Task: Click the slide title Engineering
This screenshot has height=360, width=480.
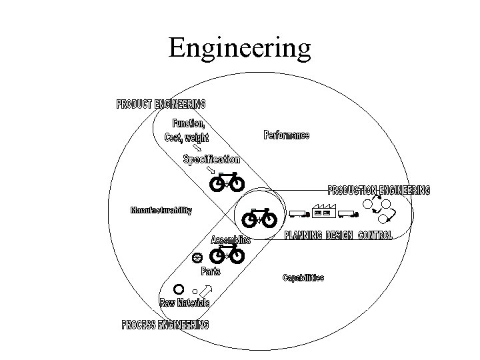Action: pos(240,47)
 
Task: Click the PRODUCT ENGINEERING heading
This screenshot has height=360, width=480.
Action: pos(161,104)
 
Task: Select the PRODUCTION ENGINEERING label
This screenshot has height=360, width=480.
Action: pos(378,190)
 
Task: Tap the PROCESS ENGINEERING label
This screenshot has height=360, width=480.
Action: pos(165,325)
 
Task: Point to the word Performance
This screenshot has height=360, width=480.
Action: pos(287,136)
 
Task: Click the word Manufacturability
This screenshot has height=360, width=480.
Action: pos(161,211)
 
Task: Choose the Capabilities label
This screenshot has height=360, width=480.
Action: pos(303,277)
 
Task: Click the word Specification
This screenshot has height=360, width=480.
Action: pos(212,159)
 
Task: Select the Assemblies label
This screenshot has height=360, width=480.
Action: pos(231,240)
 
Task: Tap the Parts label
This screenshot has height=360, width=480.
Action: pos(211,271)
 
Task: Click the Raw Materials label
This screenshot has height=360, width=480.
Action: pos(185,303)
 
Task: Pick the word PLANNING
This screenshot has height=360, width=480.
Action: pos(303,235)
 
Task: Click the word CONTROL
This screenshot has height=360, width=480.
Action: pos(375,235)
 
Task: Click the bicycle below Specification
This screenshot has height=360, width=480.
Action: pos(227,182)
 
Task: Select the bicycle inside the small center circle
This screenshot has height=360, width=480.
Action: pos(261,217)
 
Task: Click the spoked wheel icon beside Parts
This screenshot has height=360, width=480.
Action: pos(197,257)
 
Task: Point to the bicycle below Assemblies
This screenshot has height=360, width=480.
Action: pos(227,254)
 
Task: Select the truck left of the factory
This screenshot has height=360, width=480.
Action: pos(297,214)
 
